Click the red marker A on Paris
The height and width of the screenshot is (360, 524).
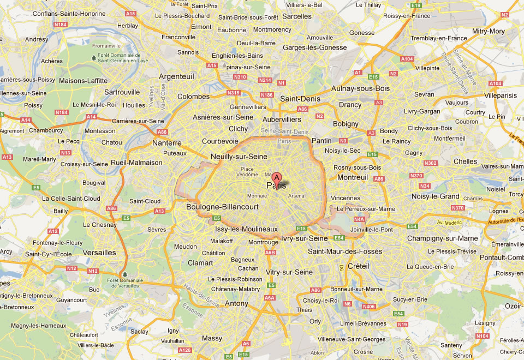[x=277, y=177]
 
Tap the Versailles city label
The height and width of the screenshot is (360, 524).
[x=99, y=253]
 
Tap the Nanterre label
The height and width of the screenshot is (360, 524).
[x=166, y=143]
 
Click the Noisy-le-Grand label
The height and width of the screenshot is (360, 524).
[x=436, y=196]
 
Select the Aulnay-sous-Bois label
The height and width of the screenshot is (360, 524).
[x=360, y=88]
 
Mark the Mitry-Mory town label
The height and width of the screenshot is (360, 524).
[x=489, y=31]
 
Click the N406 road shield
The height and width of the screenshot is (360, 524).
[x=369, y=307]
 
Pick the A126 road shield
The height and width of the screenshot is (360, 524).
[x=184, y=350]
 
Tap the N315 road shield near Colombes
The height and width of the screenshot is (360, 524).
[x=233, y=93]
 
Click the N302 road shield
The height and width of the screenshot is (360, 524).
[x=431, y=163]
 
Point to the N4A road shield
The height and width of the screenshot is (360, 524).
[x=359, y=219]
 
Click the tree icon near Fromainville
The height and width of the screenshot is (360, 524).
[x=94, y=57]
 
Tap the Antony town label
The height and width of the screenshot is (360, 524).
[x=236, y=303]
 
